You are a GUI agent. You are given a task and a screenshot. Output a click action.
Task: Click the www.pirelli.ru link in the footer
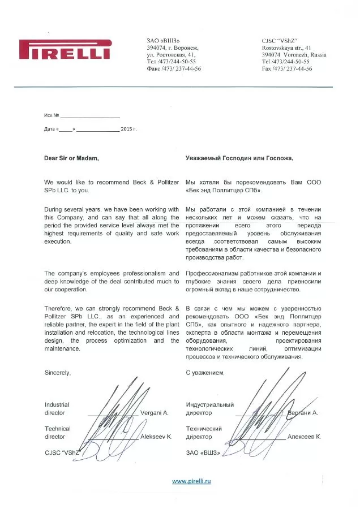(x=191, y=481)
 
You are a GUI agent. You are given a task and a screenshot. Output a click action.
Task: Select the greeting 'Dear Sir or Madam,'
(x=71, y=158)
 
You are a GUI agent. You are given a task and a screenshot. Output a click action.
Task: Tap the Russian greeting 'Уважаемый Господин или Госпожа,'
(x=239, y=158)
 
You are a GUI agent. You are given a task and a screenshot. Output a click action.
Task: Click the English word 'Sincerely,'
(x=58, y=373)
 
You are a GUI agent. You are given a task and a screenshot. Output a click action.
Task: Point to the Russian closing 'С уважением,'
(x=205, y=373)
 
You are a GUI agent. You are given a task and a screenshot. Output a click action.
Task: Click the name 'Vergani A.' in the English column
(x=155, y=413)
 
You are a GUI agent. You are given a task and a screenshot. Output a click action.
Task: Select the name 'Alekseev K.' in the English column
(x=156, y=437)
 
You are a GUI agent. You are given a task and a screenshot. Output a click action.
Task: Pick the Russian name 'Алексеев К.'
(x=304, y=437)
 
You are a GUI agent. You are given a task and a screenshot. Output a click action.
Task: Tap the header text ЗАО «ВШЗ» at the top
(x=163, y=41)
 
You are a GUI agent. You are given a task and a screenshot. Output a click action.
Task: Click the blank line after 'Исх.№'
(x=91, y=116)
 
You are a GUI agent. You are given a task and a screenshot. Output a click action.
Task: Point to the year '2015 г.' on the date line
(x=129, y=130)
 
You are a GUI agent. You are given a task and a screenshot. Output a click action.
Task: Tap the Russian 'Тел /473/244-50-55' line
(x=172, y=62)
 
